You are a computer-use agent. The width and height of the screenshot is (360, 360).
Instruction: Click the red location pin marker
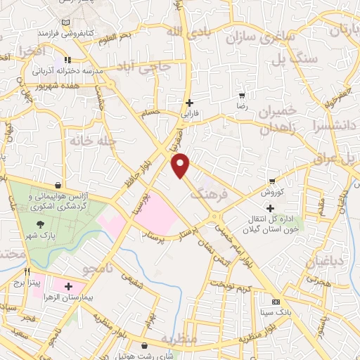pos(181,165)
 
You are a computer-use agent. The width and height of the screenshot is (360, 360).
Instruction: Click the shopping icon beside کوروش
pos(272,181)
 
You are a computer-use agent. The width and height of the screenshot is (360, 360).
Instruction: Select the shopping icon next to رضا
pos(242,95)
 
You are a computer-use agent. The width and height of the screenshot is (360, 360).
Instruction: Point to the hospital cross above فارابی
pos(188,102)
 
